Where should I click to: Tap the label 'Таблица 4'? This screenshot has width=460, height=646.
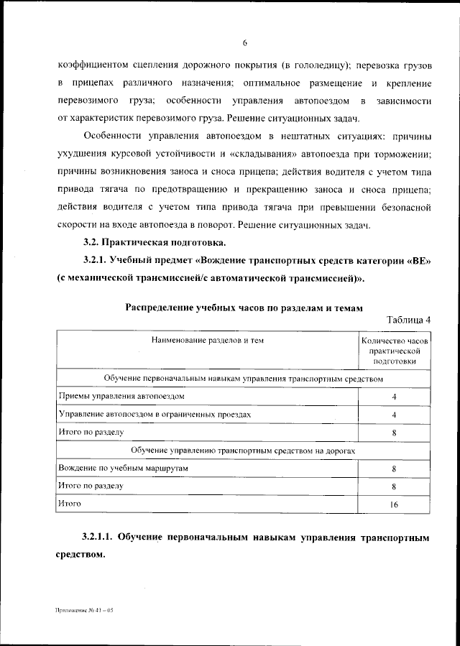[408, 320]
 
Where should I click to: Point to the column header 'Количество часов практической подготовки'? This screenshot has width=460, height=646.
[395, 351]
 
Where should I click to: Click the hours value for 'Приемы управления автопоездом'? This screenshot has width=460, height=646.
[395, 397]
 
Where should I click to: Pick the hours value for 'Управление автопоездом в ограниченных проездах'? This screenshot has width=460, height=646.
[395, 415]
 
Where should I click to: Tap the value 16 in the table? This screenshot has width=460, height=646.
[395, 504]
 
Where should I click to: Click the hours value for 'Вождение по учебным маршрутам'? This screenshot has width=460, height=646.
[395, 469]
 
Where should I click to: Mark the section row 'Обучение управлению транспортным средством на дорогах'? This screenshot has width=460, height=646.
[243, 450]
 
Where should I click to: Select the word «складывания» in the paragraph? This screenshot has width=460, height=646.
[263, 154]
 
